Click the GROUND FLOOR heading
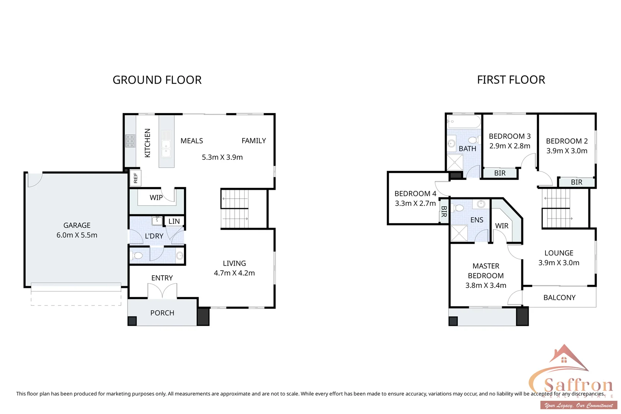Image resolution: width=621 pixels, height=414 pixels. click(x=157, y=80)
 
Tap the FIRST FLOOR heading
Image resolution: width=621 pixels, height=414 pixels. click(x=511, y=80)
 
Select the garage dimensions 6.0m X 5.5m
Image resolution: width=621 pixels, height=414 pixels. click(x=77, y=235)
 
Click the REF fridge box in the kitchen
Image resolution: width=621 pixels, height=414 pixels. click(x=136, y=178)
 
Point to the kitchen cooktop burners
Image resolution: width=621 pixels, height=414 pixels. click(x=130, y=141)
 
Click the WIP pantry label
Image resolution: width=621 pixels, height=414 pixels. click(x=156, y=198)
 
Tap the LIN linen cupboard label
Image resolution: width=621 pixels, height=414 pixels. click(x=174, y=221)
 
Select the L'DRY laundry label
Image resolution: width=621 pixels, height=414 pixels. click(x=154, y=236)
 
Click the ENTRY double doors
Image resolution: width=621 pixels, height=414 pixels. click(x=162, y=291)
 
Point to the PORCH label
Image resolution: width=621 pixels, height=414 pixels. click(x=162, y=313)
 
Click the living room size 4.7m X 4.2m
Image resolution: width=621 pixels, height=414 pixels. click(x=234, y=273)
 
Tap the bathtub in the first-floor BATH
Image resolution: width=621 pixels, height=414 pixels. click(x=464, y=122)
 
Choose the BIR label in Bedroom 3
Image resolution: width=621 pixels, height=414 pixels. click(x=500, y=173)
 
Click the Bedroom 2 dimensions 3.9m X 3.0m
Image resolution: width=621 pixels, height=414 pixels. click(x=567, y=151)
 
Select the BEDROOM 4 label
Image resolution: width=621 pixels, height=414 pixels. click(x=415, y=194)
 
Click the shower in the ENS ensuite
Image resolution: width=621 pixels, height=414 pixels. click(x=459, y=233)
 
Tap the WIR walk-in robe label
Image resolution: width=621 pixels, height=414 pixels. click(x=502, y=226)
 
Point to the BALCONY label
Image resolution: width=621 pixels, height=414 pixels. click(x=559, y=297)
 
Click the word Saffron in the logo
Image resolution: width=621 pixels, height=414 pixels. click(x=578, y=385)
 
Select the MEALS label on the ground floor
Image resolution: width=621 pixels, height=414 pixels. click(x=192, y=141)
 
